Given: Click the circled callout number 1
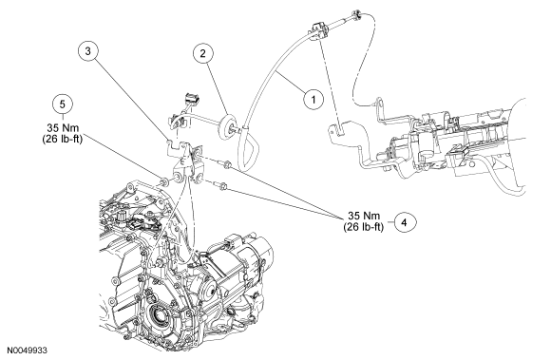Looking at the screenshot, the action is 313,100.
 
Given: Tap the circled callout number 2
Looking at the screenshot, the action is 202,53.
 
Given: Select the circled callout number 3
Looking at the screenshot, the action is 87,51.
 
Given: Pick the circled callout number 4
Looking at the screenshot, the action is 405,222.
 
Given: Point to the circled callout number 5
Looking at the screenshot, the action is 63,104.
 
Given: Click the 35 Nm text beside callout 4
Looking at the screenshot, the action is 364,216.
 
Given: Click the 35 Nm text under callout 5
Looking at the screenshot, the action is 63,127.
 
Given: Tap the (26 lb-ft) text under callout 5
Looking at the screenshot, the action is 62,139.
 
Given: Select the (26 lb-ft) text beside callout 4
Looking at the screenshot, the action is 363,227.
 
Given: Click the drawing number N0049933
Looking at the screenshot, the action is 27,351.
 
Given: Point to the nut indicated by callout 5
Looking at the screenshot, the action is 163,182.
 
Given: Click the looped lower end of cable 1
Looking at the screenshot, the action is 249,150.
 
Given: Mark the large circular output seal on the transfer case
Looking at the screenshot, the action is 160,315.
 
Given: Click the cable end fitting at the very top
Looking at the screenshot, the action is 356,14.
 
